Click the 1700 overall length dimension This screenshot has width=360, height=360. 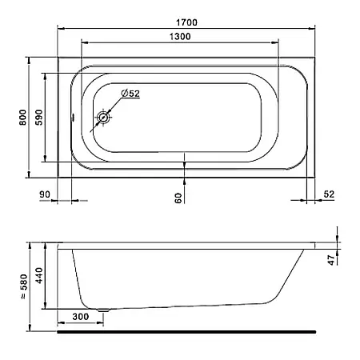pyautogui.click(x=186, y=22)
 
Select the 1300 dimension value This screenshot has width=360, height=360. pyautogui.click(x=180, y=37)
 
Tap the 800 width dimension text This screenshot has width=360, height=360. pyautogui.click(x=23, y=118)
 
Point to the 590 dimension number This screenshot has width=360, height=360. pyautogui.click(x=39, y=118)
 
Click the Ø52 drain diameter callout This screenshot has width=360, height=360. pyautogui.click(x=130, y=94)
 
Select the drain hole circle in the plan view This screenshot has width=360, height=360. pyautogui.click(x=102, y=118)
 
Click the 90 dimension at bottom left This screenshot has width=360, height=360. pyautogui.click(x=45, y=194)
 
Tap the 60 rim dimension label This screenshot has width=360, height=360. pyautogui.click(x=178, y=198)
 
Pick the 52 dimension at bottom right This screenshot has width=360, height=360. pyautogui.click(x=329, y=194)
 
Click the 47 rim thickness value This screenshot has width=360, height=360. pyautogui.click(x=331, y=260)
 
